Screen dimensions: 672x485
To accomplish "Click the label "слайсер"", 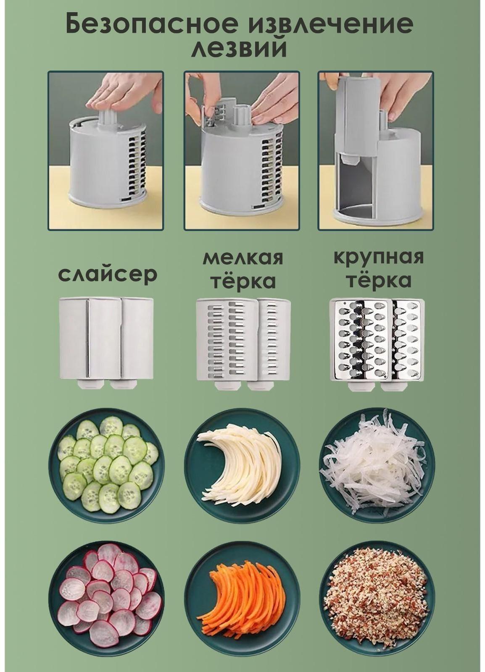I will (x=108, y=274).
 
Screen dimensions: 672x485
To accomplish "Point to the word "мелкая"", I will (x=243, y=258).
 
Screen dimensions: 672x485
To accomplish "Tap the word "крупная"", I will (x=378, y=257).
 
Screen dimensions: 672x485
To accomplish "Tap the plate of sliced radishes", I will (x=107, y=597).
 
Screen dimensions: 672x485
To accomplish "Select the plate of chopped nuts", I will (x=377, y=597).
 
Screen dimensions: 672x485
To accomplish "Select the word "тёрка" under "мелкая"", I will (x=243, y=281).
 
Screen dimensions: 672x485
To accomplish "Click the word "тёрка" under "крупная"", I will (x=378, y=281).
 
